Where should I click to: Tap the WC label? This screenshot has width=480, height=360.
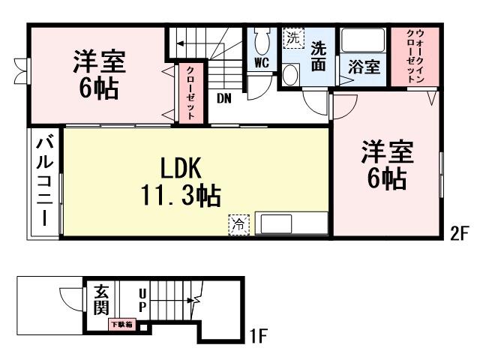coord(262,63)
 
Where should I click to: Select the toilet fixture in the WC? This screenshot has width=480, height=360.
coord(262,40)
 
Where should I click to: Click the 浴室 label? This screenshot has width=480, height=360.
coord(364,66)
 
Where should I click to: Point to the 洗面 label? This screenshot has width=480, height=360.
coord(318,55)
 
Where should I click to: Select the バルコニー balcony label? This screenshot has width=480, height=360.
coord(44,182)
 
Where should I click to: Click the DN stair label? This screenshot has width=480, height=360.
coord(224,98)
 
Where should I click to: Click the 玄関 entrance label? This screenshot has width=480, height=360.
coord(102,300)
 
